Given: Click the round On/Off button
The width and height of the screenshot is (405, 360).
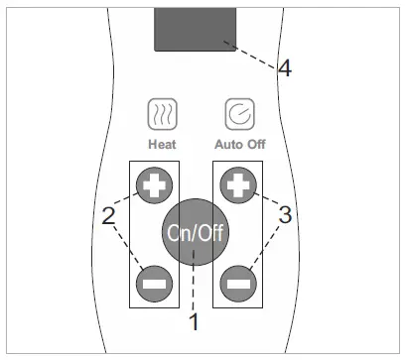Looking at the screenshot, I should coord(195,233).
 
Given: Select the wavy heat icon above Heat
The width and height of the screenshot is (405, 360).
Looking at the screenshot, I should coord(162,115).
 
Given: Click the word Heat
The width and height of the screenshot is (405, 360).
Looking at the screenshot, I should coord(162,144).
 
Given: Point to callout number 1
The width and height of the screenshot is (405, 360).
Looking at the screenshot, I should coord(196,321).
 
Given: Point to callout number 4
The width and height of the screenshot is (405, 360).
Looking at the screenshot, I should coord(285,69).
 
